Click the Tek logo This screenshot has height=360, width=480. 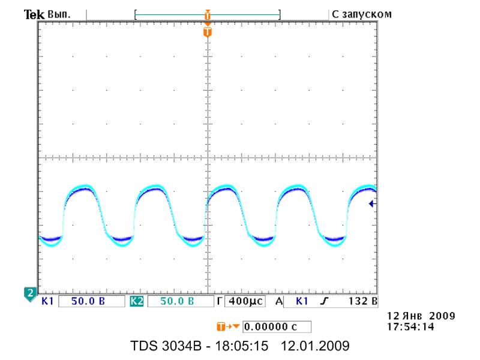34,14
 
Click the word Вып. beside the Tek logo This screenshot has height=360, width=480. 59,14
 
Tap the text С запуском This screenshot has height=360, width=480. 362,14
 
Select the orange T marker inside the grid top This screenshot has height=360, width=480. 208,32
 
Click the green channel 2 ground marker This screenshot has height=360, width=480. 30,294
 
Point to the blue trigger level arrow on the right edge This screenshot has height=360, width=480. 372,203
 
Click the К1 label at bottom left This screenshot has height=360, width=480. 47,301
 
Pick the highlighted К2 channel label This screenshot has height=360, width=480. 137,301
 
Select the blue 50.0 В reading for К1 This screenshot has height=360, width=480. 88,301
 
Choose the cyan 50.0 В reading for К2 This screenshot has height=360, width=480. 177,301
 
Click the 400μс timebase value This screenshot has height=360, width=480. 245,301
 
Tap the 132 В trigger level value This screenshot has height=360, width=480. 363,301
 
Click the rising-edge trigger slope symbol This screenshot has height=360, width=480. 324,301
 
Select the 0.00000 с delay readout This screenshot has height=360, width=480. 271,327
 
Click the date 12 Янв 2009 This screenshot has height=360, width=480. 421,316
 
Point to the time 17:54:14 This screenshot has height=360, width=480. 410,326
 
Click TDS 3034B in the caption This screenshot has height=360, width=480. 166,346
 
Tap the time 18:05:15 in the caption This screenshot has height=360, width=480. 242,346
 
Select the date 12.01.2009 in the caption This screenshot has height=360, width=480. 315,346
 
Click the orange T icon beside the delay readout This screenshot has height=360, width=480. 221,326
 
